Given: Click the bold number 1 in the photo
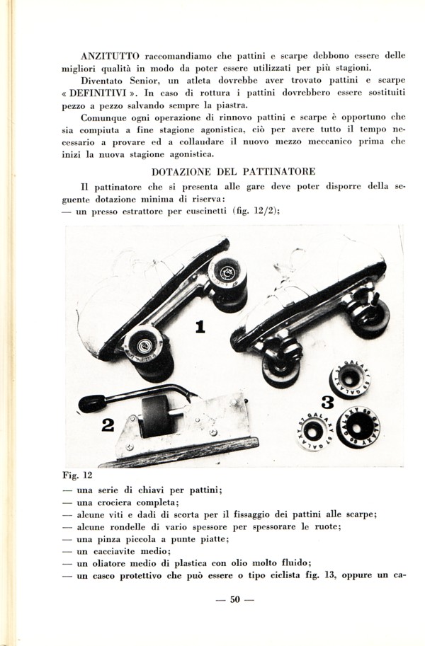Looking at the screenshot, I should coord(200,326).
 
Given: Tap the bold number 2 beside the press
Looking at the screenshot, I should coord(108,425).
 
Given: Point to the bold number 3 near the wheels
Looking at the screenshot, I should coord(327,402).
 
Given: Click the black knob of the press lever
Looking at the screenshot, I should coord(91,403).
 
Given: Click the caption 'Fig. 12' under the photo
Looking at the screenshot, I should coord(79,475).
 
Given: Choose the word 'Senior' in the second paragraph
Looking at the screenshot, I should coord(146,80).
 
